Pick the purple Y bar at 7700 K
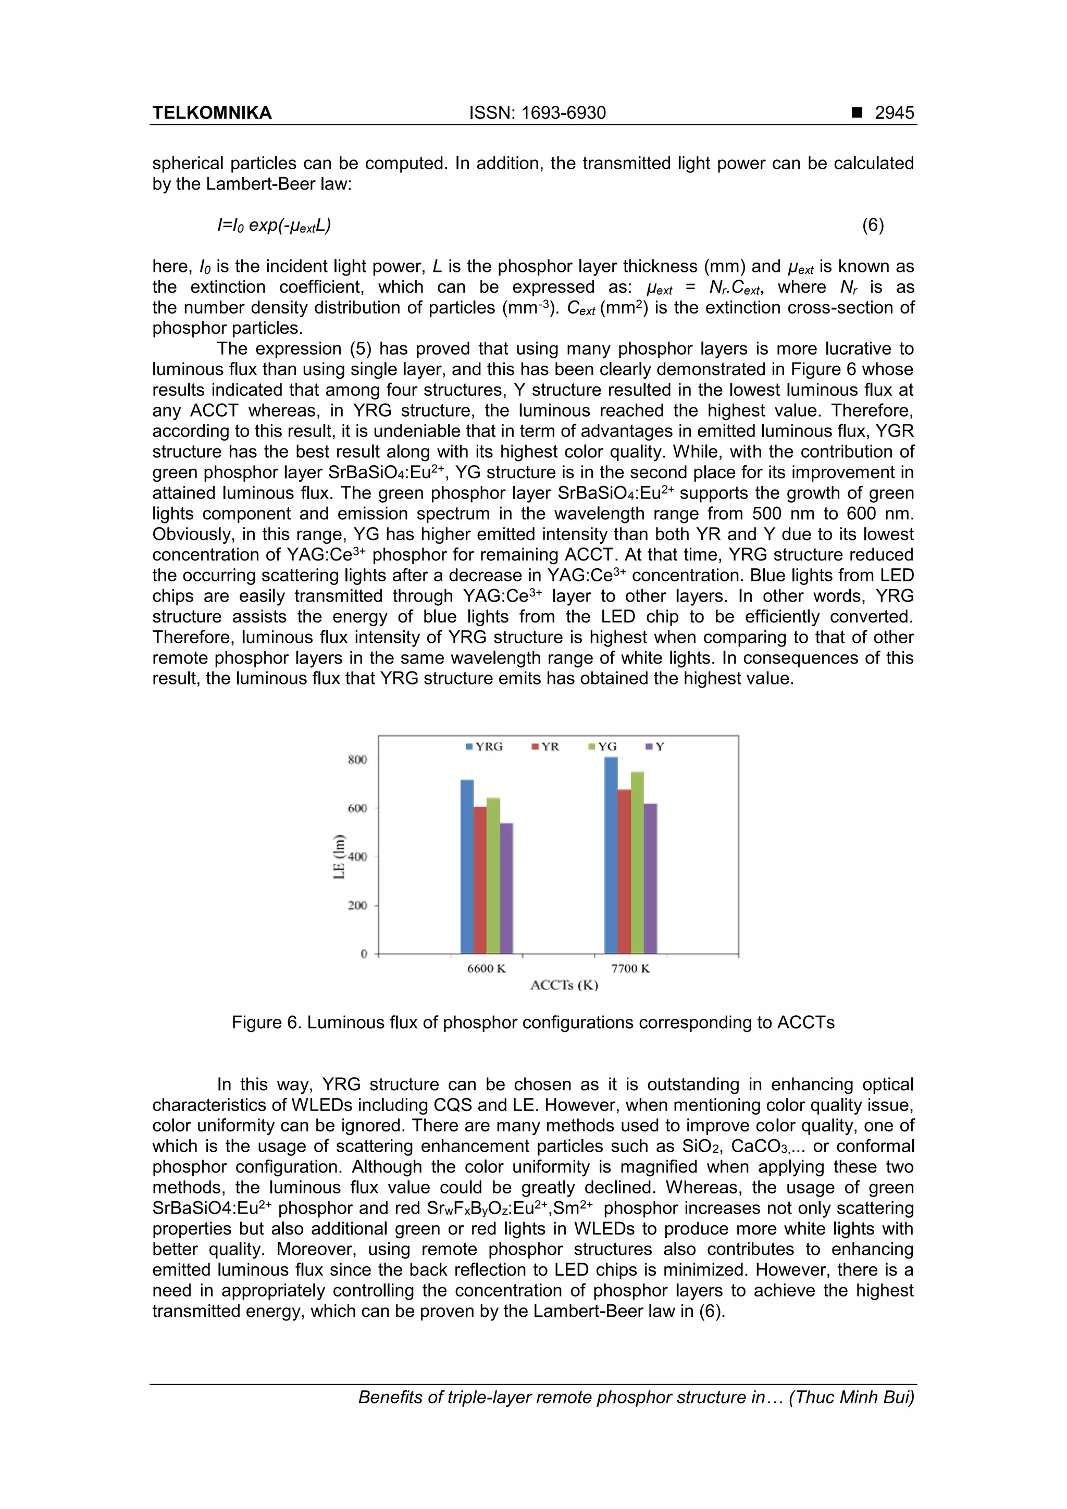pos(650,878)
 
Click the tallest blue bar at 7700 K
pos(611,854)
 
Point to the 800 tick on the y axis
pos(357,760)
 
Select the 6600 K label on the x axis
pos(486,968)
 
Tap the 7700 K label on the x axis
pos(630,968)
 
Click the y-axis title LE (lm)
pos(339,856)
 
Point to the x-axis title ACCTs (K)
pos(564,984)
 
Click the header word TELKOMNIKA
pos(212,113)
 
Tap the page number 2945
pos(894,113)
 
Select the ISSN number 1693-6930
pos(563,113)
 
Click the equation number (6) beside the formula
pos(872,226)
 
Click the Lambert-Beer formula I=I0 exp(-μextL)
pos(274,226)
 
